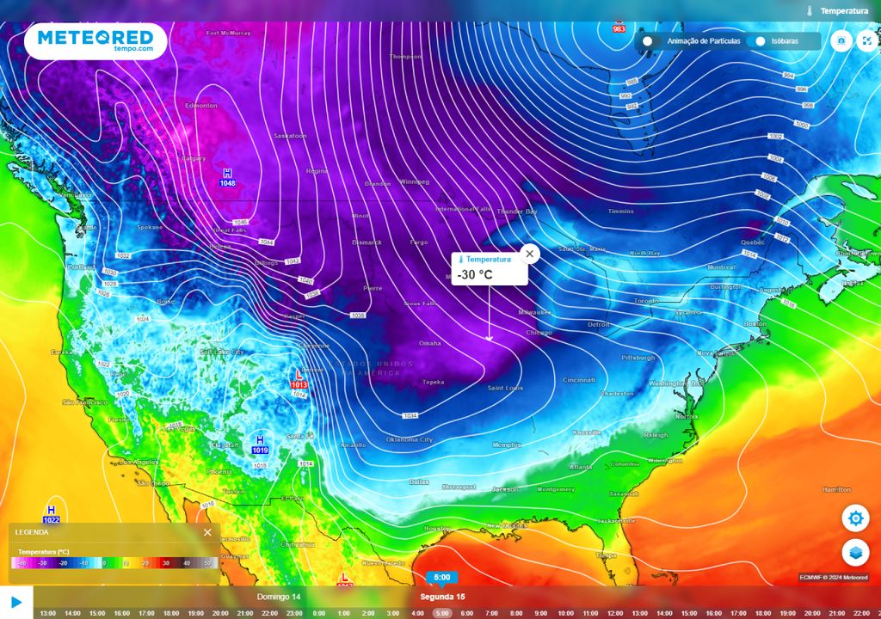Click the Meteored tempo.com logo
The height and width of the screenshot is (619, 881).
95,40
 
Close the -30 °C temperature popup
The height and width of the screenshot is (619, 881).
530,254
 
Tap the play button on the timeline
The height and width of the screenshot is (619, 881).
16,603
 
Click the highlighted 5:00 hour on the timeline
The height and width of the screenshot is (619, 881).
441,613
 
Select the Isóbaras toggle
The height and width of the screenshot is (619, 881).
761,41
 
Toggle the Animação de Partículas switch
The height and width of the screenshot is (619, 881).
648,41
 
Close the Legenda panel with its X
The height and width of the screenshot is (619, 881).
207,532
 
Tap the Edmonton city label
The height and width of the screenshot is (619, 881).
201,106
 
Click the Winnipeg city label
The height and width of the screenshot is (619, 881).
413,182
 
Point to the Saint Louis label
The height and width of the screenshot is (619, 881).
506,388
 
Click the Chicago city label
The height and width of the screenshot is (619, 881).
539,332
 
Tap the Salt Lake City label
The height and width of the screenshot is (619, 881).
222,352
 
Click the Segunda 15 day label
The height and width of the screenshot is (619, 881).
442,597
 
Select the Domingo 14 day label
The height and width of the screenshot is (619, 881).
279,597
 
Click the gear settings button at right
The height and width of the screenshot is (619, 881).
855,518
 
